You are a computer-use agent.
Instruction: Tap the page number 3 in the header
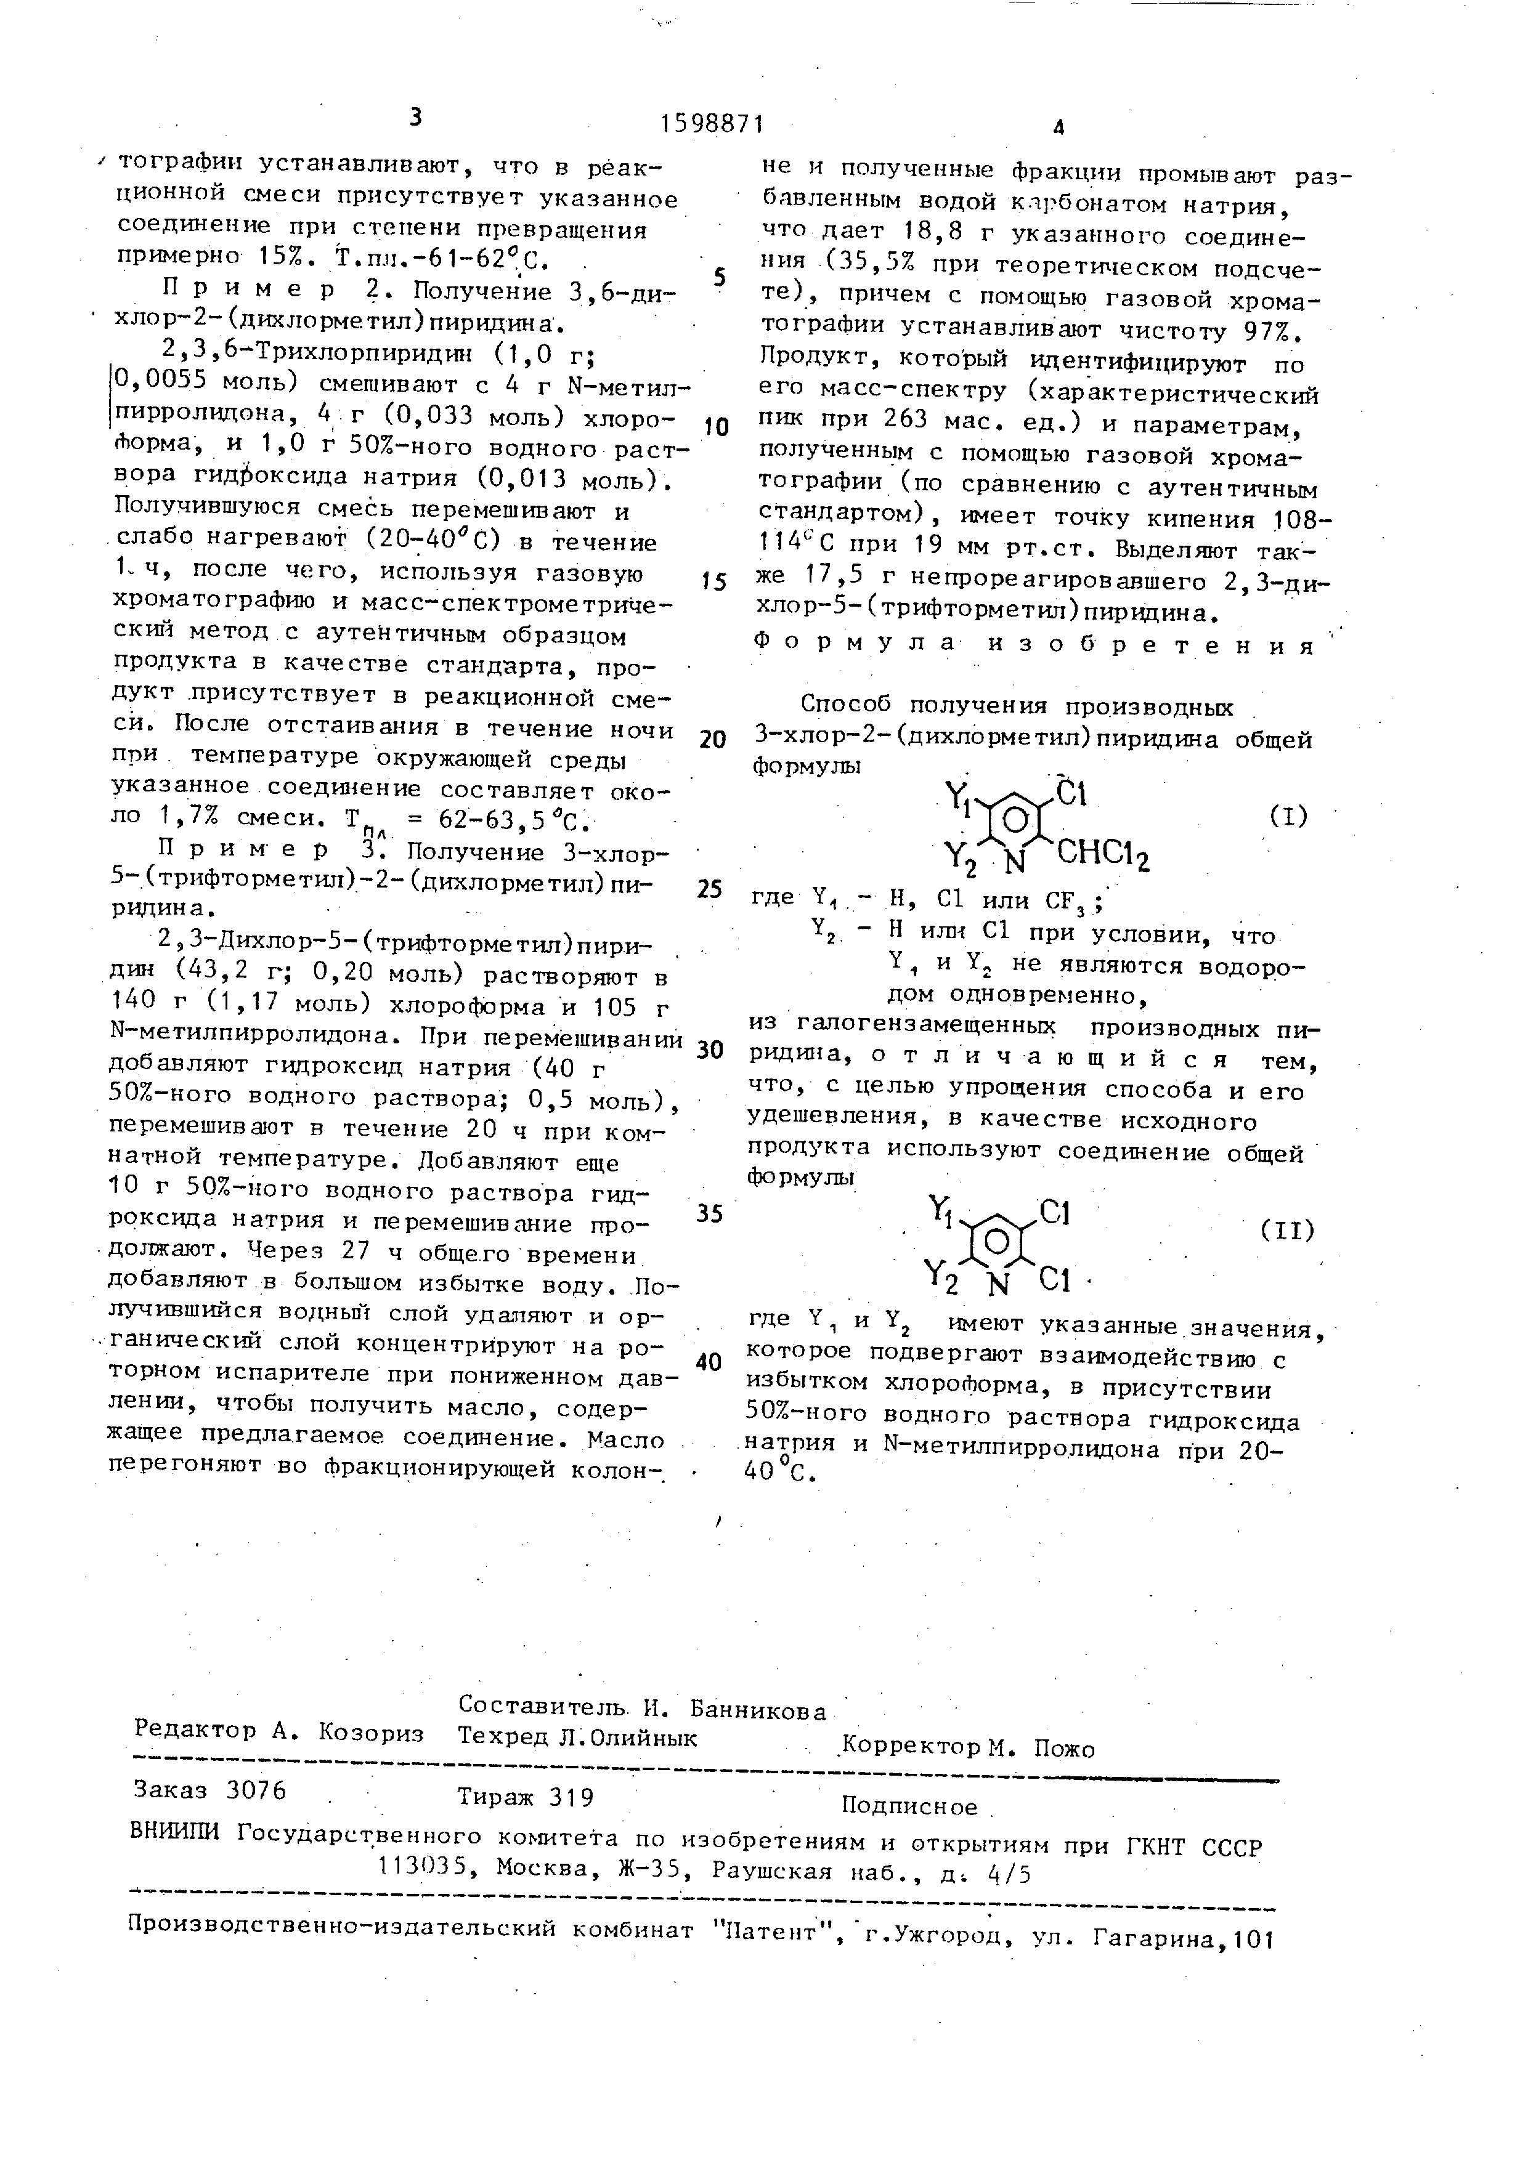[x=415, y=118]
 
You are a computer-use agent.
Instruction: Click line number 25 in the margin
[x=709, y=889]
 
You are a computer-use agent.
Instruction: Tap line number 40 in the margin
[x=709, y=1362]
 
